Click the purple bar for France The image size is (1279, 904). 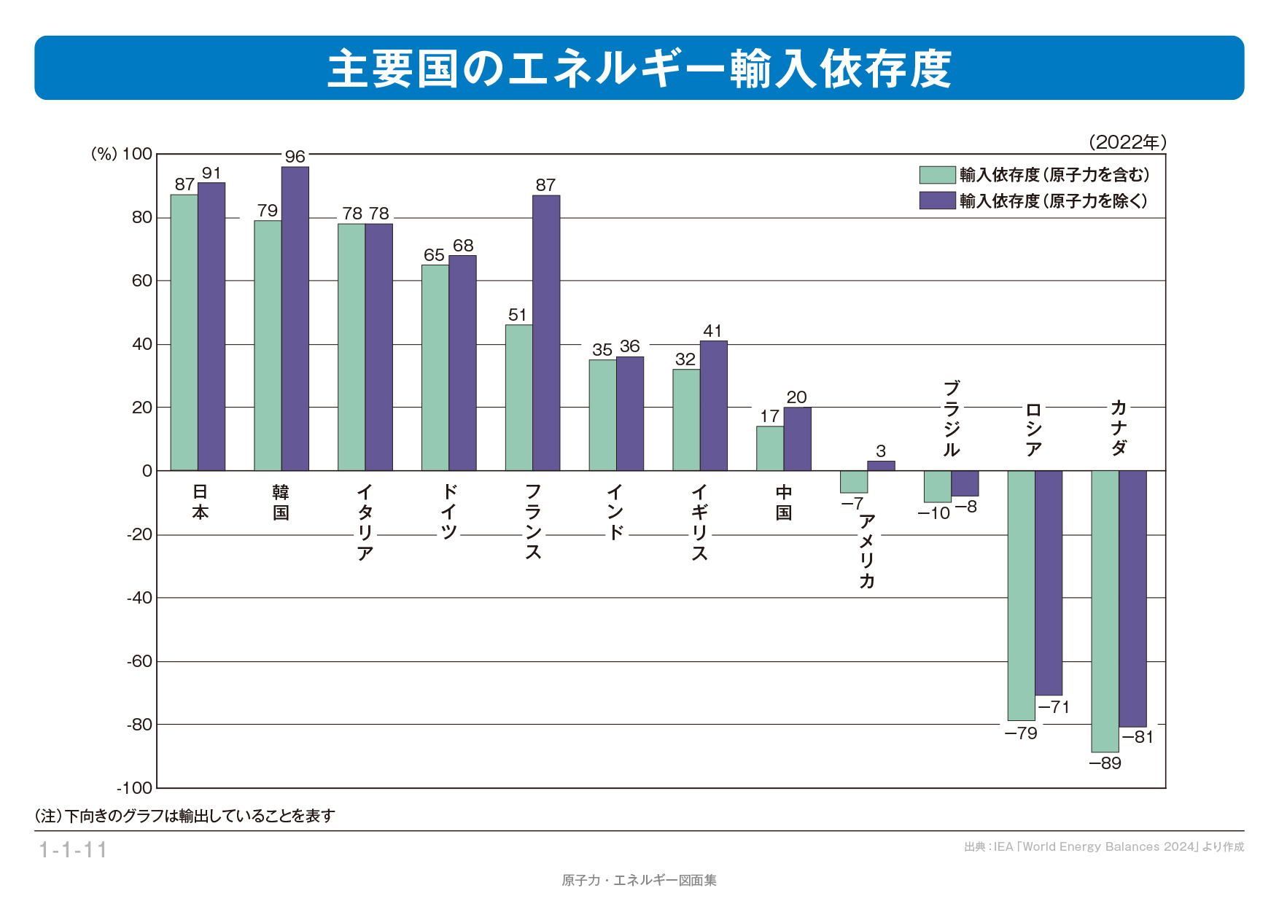[546, 332]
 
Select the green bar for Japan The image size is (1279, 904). [184, 332]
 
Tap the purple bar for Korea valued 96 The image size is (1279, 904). [295, 319]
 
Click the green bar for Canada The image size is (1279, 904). [1105, 611]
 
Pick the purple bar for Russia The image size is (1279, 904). [1049, 582]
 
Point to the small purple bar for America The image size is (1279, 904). [881, 466]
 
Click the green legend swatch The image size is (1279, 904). [937, 175]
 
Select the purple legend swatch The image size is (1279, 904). [937, 200]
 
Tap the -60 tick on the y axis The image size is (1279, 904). [139, 661]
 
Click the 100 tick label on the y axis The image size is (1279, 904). [137, 154]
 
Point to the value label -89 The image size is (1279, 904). [1105, 763]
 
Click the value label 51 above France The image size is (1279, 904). [517, 315]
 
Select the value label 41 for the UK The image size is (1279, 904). [712, 331]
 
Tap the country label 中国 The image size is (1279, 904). [784, 502]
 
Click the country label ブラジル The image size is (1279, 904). [951, 418]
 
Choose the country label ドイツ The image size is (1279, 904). [448, 511]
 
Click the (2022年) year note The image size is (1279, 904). [1127, 142]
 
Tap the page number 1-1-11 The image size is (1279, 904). [73, 850]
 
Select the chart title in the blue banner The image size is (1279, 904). [639, 69]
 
